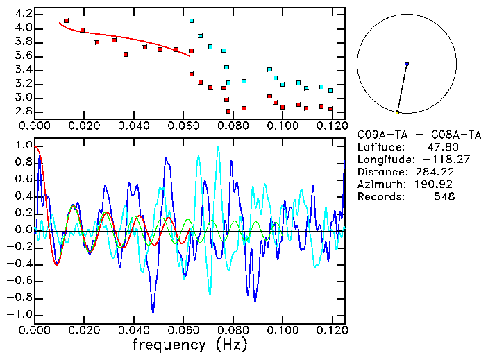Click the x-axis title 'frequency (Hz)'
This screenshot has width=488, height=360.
(x=190, y=344)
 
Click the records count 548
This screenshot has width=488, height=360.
(x=444, y=197)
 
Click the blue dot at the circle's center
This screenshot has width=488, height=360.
(x=407, y=64)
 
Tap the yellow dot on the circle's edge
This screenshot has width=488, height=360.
(x=397, y=112)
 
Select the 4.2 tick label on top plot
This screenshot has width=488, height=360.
(x=24, y=14)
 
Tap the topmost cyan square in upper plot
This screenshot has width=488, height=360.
(x=192, y=21)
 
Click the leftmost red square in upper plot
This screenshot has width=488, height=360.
(x=66, y=21)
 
